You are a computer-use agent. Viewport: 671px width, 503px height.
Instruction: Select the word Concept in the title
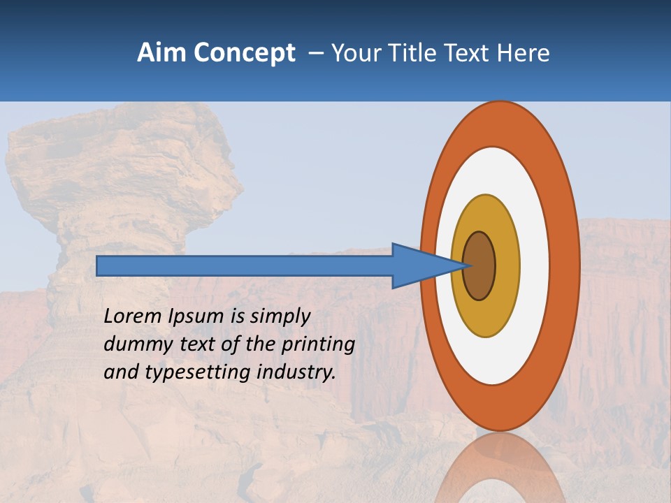pyautogui.click(x=243, y=53)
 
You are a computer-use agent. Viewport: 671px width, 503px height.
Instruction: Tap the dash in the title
pyautogui.click(x=315, y=53)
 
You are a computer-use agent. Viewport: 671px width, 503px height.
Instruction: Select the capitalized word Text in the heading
pyautogui.click(x=469, y=53)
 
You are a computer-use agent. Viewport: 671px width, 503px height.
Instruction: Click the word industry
pyautogui.click(x=296, y=372)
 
